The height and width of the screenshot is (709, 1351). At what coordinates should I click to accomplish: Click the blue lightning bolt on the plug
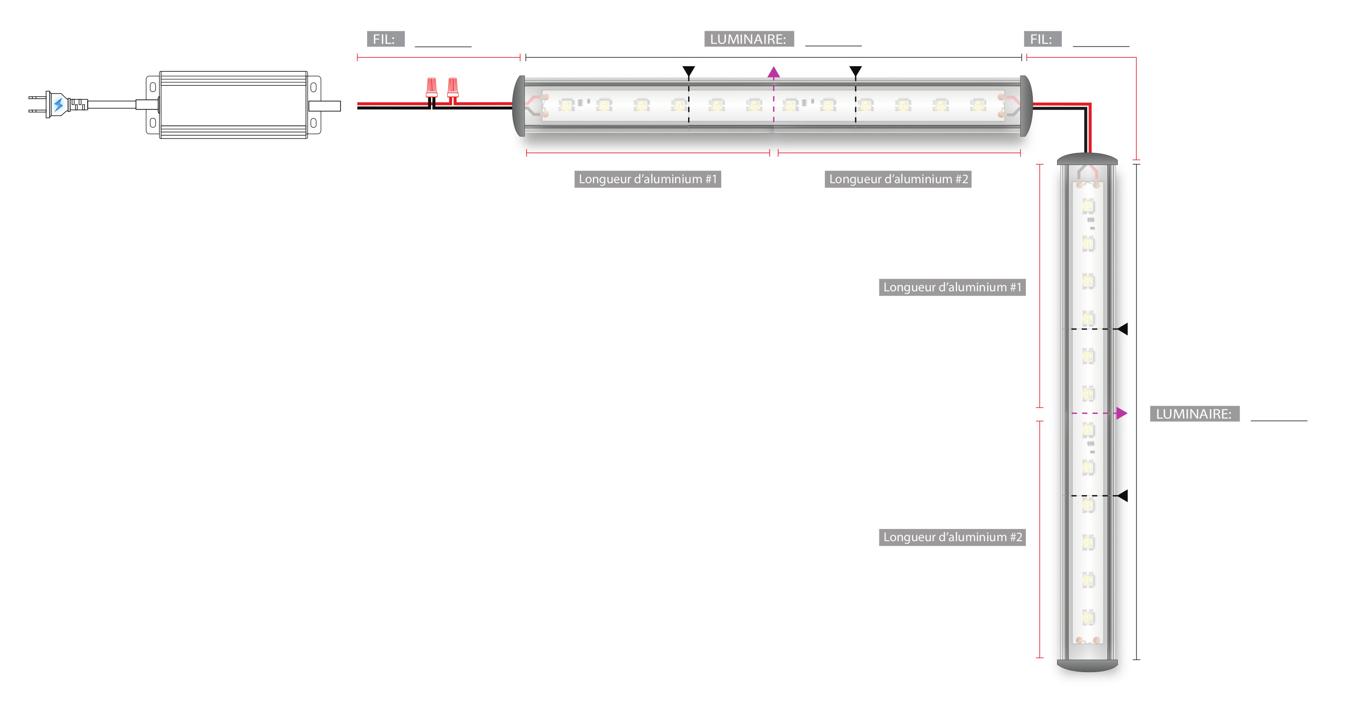click(x=58, y=104)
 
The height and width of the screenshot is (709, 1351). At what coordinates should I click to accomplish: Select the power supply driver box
click(x=233, y=105)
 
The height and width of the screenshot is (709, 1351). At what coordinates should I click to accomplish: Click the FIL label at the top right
click(x=1042, y=39)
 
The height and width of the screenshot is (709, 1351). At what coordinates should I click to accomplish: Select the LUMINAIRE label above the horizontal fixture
click(x=748, y=39)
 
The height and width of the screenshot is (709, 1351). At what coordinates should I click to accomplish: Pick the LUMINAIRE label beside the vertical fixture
click(x=1194, y=414)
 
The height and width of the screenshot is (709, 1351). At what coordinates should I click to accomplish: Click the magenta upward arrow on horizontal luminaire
click(x=773, y=72)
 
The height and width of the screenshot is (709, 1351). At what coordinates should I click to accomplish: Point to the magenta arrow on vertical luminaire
click(x=1121, y=413)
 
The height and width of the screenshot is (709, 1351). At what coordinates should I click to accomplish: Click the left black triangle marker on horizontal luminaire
click(x=689, y=71)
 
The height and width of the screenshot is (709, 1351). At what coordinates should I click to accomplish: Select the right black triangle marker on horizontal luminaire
click(x=856, y=71)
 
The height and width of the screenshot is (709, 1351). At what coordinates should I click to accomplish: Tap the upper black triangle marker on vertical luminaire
click(x=1122, y=329)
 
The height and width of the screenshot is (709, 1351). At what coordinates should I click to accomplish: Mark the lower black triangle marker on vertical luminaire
click(x=1122, y=496)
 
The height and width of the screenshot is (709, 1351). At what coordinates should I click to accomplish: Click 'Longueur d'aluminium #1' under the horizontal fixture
click(x=648, y=179)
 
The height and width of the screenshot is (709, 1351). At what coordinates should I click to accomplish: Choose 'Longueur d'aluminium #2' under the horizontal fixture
click(x=898, y=179)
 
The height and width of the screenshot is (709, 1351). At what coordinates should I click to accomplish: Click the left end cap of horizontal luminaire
click(x=519, y=106)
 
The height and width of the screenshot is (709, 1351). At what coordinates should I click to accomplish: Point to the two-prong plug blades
click(x=37, y=104)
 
